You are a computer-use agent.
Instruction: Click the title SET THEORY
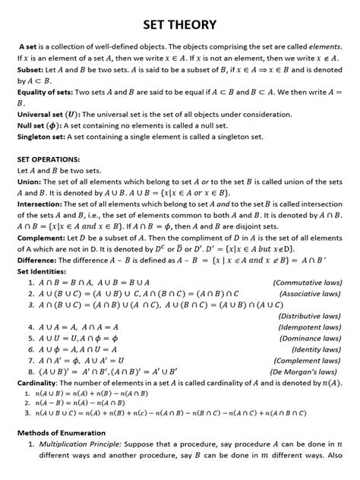[x=179, y=24]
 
